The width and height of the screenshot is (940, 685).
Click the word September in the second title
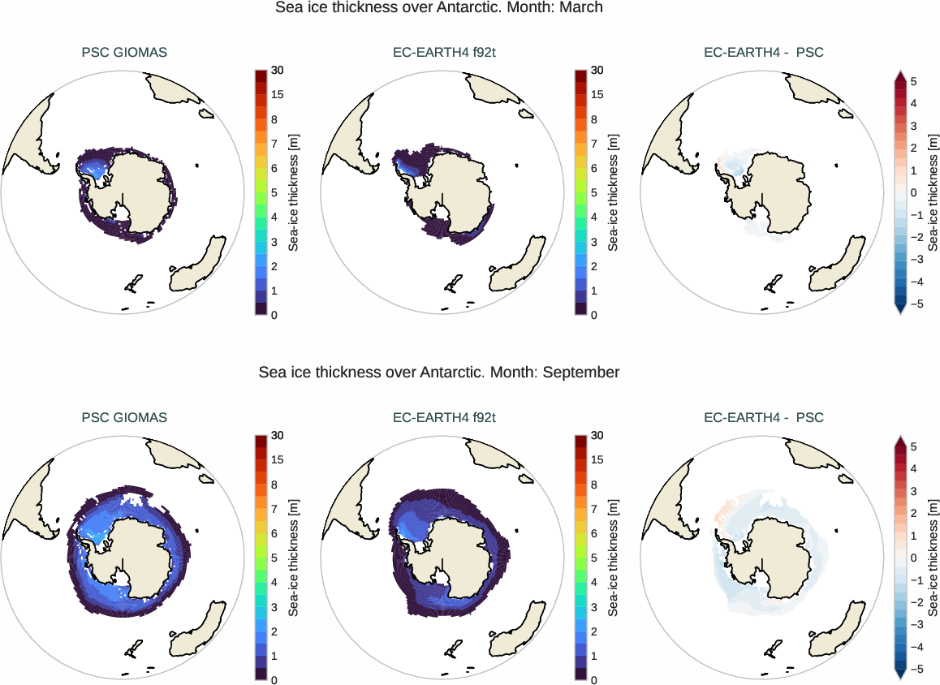(581, 373)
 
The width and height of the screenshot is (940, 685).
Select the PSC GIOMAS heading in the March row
(124, 53)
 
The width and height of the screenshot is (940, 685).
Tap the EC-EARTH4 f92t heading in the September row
(444, 418)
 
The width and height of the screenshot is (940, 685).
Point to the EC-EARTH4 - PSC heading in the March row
(763, 53)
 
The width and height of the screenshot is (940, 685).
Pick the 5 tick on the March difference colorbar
(913, 82)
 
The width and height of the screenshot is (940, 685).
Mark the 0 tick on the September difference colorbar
(913, 558)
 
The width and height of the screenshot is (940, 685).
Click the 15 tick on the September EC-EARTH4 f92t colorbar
(597, 460)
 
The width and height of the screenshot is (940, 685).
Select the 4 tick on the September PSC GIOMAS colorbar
(274, 582)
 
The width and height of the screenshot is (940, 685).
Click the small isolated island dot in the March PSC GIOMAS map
(197, 166)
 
